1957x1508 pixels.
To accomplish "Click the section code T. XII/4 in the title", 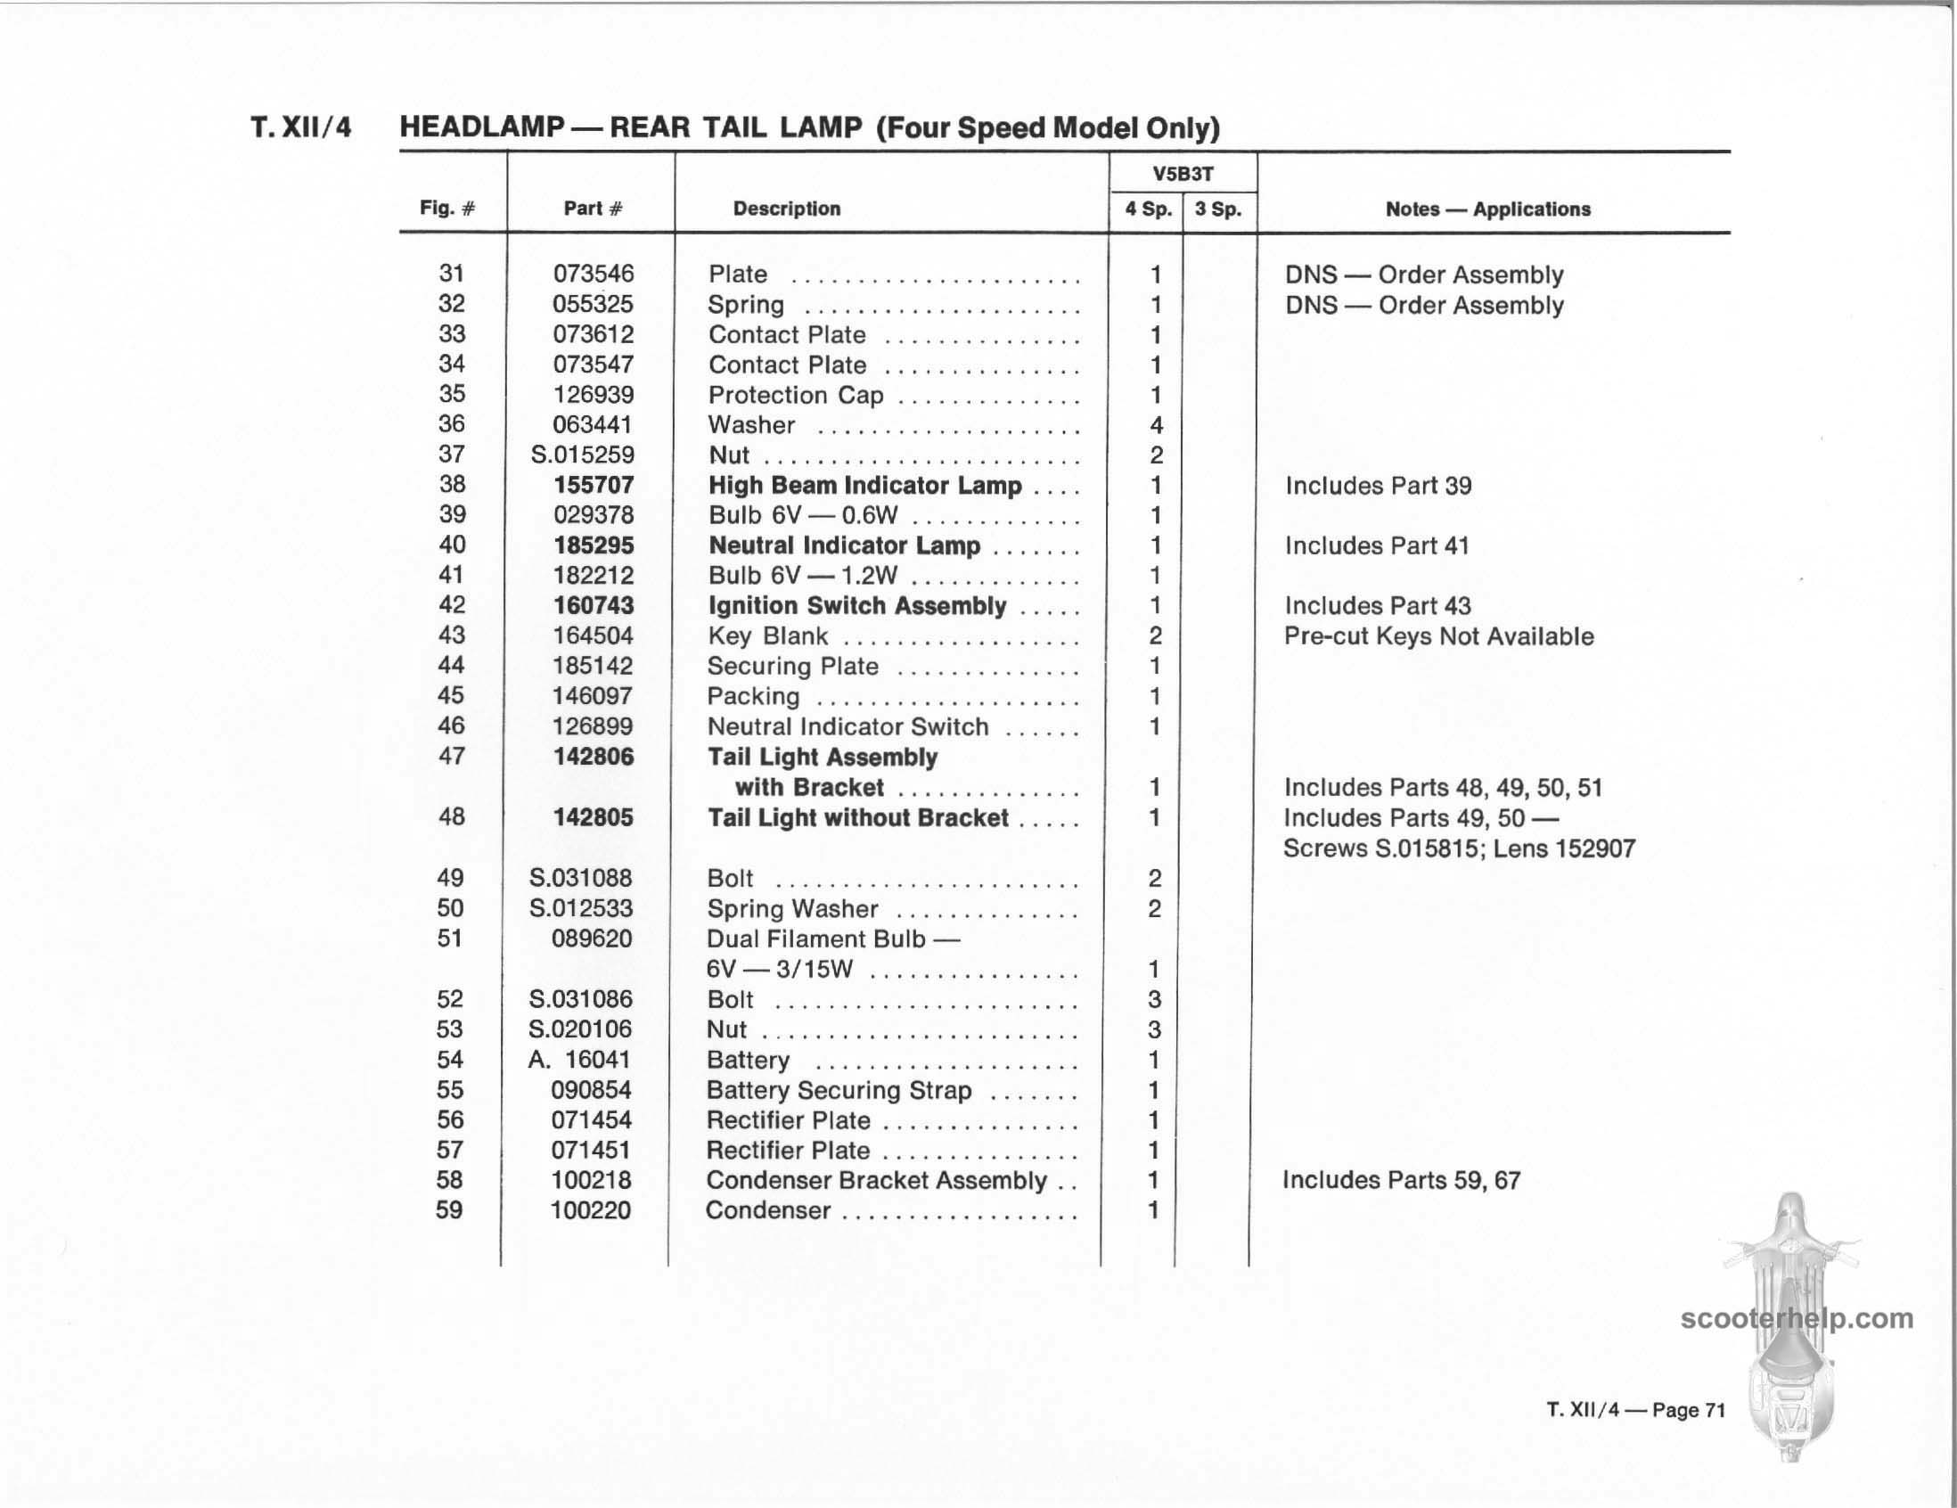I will coord(301,127).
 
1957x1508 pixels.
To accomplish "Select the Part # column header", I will coord(593,209).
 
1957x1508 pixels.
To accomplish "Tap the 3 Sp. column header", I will coord(1218,209).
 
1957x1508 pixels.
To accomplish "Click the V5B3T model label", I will coord(1183,174).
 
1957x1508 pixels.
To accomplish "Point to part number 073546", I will coord(594,275).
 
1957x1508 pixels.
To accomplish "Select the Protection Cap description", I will coord(796,395).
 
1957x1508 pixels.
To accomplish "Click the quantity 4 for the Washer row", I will coord(1156,426).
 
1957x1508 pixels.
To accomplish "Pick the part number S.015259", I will coord(583,455).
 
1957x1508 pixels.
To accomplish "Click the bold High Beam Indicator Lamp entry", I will coord(864,486).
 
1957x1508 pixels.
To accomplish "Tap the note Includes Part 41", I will coord(1377,545).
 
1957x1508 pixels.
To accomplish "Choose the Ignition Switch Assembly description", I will coord(857,606).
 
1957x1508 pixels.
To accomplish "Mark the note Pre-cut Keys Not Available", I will coord(1439,636).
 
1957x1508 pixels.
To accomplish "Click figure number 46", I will coord(452,725).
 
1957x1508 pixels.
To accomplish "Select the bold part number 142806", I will coord(594,758).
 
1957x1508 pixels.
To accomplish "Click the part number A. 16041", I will coord(580,1060).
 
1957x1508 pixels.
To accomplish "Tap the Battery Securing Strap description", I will coord(839,1091).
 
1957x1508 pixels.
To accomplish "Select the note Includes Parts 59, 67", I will coord(1402,1180).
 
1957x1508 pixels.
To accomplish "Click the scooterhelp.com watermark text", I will coord(1797,1319).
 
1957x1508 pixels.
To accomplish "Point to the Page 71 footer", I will coord(1688,1410).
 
